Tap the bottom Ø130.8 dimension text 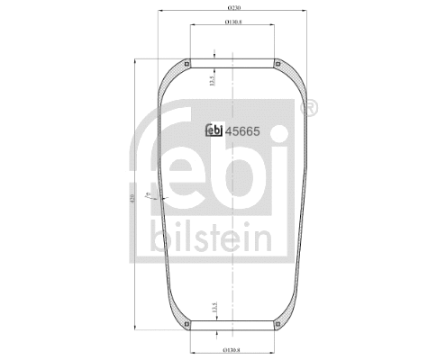(x=232, y=349)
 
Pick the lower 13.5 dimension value (x=212, y=309)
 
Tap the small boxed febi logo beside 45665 (x=214, y=130)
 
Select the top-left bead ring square (x=187, y=64)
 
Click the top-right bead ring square (x=277, y=64)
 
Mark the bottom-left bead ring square (x=187, y=326)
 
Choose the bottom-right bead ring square (x=277, y=326)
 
